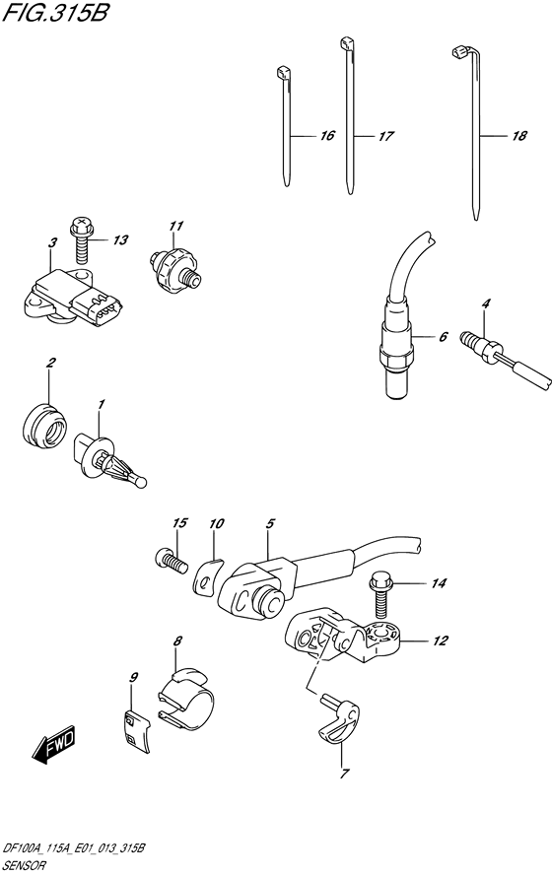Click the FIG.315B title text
pyautogui.click(x=54, y=12)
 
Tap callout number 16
pyautogui.click(x=327, y=135)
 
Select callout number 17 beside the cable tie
pyautogui.click(x=386, y=136)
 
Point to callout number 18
pyautogui.click(x=519, y=135)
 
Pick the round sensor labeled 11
pyautogui.click(x=173, y=265)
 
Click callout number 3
pyautogui.click(x=52, y=243)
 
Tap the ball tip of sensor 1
pyautogui.click(x=140, y=481)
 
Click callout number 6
pyautogui.click(x=443, y=337)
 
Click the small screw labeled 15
pyautogui.click(x=170, y=561)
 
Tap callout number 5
pyautogui.click(x=270, y=524)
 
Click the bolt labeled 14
pyautogui.click(x=381, y=594)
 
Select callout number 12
pyautogui.click(x=441, y=640)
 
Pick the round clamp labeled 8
pyautogui.click(x=187, y=700)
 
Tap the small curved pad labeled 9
pyautogui.click(x=137, y=728)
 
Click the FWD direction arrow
pyautogui.click(x=53, y=745)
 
